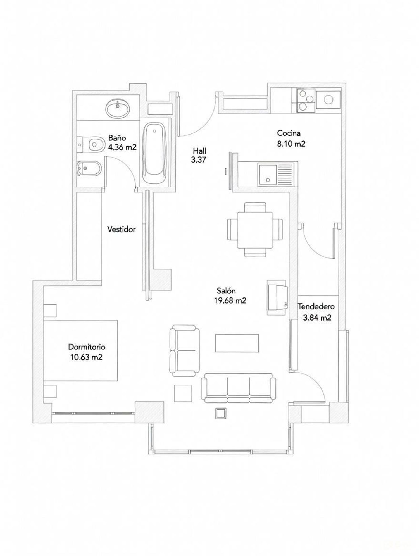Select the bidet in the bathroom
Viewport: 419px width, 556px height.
tap(88, 168)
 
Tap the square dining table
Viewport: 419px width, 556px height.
tap(255, 230)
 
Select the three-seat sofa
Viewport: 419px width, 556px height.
tap(239, 388)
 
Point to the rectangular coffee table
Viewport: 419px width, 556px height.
tap(237, 343)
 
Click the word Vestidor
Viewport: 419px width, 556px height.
tap(122, 229)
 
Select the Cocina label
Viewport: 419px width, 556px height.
tap(289, 133)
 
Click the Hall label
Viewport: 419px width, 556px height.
tap(199, 151)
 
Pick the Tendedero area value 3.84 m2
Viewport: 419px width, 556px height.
tap(317, 318)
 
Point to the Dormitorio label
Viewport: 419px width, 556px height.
tap(87, 347)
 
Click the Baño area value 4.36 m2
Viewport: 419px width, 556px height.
tap(122, 147)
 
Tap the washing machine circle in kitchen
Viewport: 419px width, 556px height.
tap(328, 99)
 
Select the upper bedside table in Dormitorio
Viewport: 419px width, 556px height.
tap(50, 310)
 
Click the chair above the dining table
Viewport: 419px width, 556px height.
tap(255, 207)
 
